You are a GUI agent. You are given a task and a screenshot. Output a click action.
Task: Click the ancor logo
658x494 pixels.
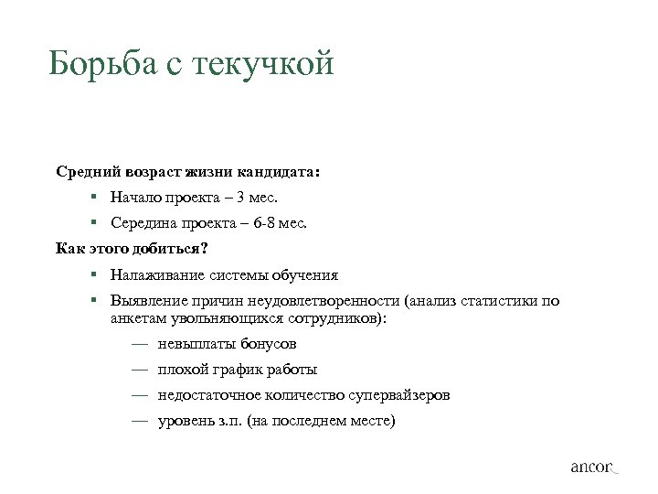click(594, 467)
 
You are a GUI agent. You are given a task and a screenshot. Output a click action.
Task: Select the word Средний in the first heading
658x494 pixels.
click(87, 171)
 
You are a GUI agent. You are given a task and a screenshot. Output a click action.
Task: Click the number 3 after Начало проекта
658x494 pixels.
click(239, 197)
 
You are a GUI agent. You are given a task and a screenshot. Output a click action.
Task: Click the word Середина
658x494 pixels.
click(143, 222)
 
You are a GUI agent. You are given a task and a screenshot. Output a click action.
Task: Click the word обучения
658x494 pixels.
click(307, 274)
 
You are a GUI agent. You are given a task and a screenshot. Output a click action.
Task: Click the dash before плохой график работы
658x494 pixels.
click(138, 370)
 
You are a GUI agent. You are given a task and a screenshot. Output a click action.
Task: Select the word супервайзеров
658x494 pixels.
click(398, 396)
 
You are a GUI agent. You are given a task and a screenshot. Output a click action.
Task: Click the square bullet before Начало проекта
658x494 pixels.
click(94, 197)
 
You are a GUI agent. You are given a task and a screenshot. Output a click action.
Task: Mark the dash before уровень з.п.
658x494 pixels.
click(138, 422)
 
